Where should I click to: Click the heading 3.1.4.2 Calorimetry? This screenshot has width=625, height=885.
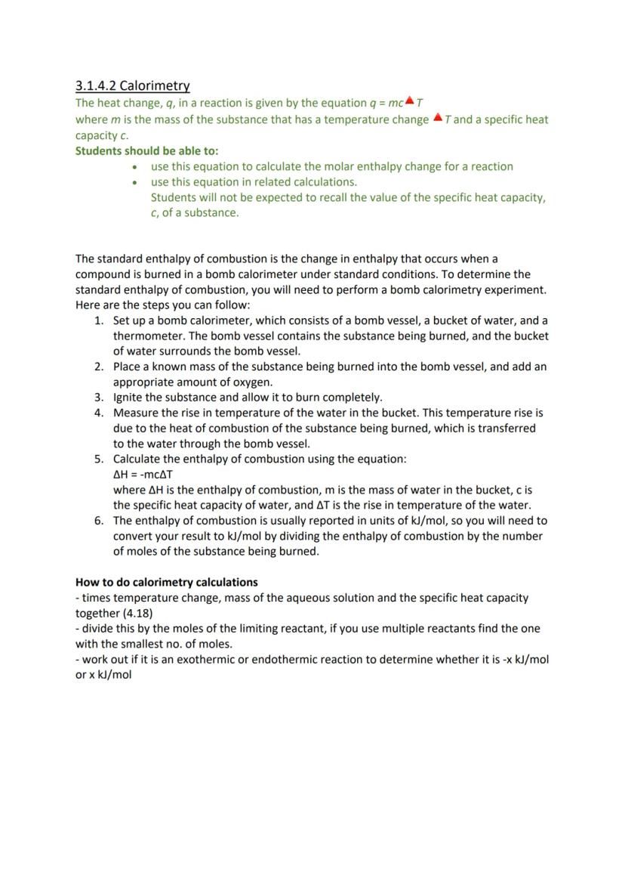(133, 86)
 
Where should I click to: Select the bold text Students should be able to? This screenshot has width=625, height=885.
(146, 151)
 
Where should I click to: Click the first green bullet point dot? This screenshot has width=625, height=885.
(134, 167)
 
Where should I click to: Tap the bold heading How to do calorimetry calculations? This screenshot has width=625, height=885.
(166, 582)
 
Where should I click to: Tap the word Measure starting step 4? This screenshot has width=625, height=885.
(137, 413)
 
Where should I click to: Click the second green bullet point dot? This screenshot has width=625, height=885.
(134, 182)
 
